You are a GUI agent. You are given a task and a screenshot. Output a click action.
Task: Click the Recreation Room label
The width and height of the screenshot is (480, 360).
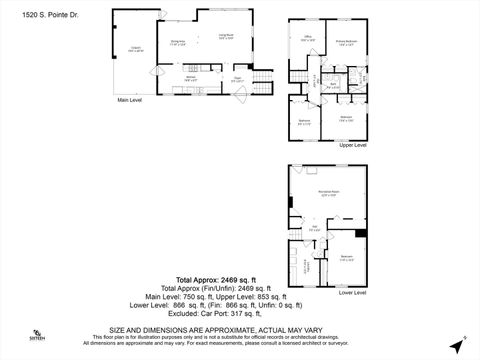(327, 191)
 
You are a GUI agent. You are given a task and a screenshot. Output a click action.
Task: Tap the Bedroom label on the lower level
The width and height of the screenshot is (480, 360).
(347, 258)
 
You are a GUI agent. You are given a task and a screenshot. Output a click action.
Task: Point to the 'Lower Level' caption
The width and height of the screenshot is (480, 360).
(353, 293)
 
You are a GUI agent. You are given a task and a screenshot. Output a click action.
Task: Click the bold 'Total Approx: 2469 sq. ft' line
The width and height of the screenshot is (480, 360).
(216, 280)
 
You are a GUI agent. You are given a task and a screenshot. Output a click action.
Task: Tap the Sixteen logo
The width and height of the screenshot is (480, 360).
(37, 336)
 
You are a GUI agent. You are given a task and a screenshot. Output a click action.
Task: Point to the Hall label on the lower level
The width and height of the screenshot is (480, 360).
(314, 228)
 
